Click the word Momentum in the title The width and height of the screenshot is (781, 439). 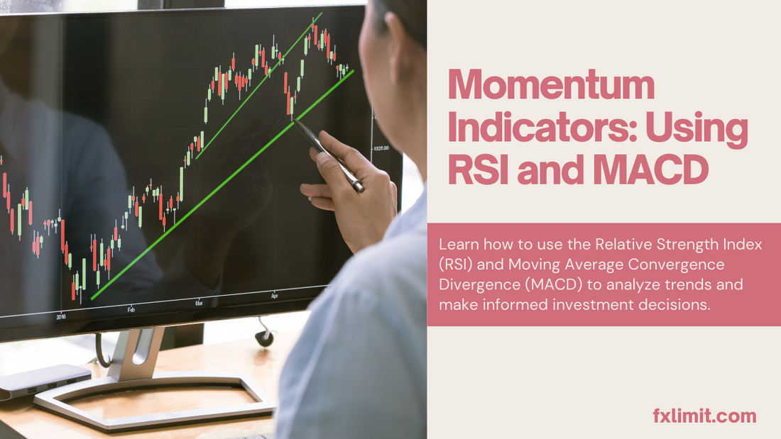tap(551, 84)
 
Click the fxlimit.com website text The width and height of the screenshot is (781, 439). tap(704, 416)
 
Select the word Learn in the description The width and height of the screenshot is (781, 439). tap(459, 245)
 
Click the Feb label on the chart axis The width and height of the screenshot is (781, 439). tap(131, 310)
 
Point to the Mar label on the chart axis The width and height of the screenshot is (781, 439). tap(199, 303)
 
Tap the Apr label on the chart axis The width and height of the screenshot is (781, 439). tap(275, 296)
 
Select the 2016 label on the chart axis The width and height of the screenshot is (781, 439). tap(61, 316)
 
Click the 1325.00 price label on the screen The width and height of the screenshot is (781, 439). tap(381, 148)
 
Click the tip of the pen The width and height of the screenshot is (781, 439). tap(293, 119)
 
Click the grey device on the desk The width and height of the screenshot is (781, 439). tap(44, 380)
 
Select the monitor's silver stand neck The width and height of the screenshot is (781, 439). tap(136, 352)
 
